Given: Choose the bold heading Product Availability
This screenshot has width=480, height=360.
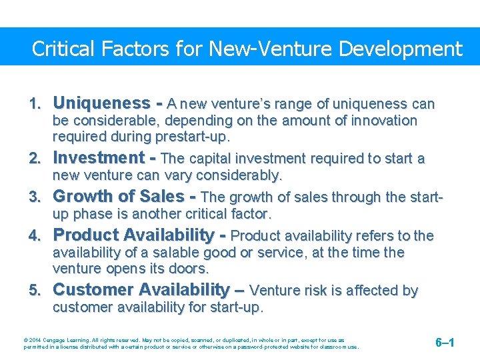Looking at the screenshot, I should point(139,235).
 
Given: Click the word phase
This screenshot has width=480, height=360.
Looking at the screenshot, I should point(92,214).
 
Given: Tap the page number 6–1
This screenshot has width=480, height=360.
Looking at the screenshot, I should point(445,343).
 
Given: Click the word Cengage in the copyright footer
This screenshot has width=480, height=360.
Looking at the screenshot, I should point(47,340).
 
